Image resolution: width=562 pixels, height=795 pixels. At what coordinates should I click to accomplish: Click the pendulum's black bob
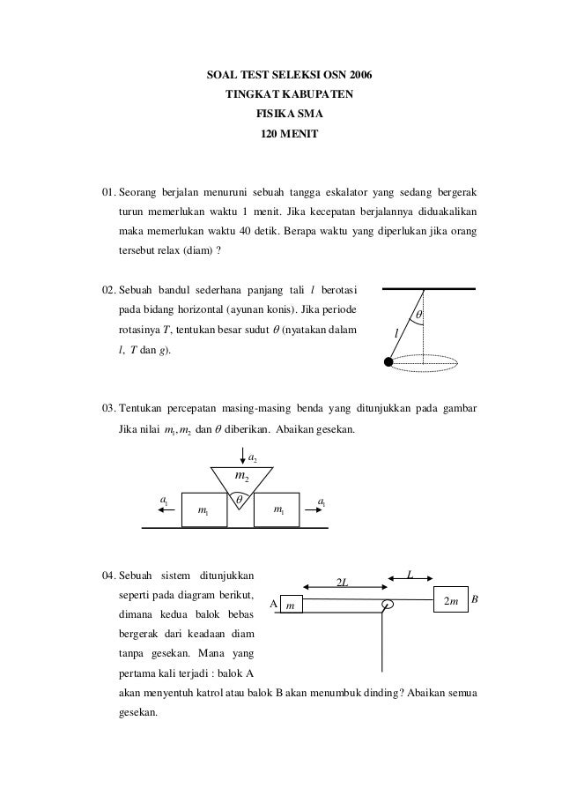click(388, 361)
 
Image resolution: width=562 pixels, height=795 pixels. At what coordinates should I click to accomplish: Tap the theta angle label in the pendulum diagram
click(418, 315)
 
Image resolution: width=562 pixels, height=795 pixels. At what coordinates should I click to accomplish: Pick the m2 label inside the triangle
click(240, 477)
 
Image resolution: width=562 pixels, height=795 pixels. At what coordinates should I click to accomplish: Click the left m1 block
click(203, 511)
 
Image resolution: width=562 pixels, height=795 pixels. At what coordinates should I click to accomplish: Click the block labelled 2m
click(449, 599)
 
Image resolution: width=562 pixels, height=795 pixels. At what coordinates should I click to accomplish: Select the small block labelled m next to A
click(292, 605)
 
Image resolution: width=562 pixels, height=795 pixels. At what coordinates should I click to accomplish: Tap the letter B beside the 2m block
click(474, 598)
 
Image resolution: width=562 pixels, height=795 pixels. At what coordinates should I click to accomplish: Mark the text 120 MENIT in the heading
click(283, 135)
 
